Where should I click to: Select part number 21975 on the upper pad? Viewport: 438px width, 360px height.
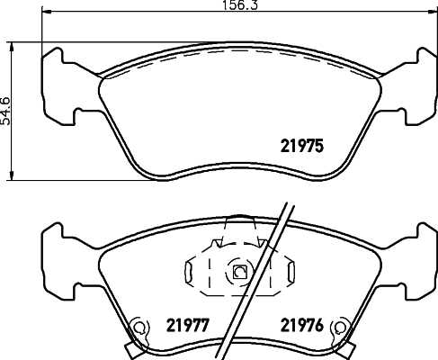(x=297, y=144)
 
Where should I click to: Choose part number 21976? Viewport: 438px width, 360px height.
(x=302, y=324)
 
